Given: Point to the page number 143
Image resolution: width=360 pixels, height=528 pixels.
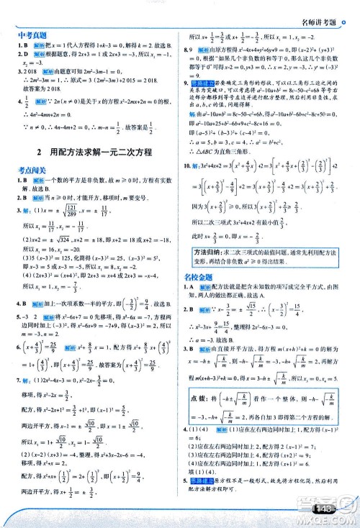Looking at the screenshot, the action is click(325, 510).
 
